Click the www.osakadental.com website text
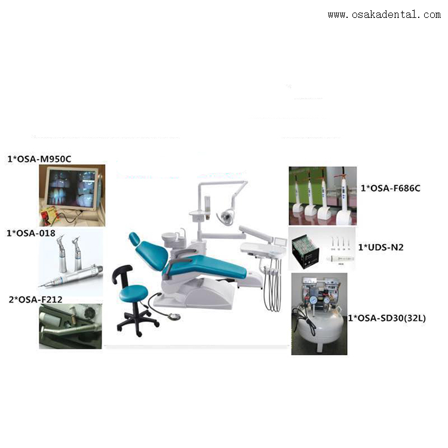[x=384, y=14]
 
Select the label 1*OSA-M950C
[x=39, y=159]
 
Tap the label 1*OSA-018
[x=31, y=233]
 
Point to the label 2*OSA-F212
[x=35, y=299]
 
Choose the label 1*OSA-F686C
[x=390, y=188]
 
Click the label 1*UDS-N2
[x=381, y=247]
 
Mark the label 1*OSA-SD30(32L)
[x=387, y=318]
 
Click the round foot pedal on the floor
[x=173, y=316]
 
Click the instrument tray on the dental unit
[x=262, y=248]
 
